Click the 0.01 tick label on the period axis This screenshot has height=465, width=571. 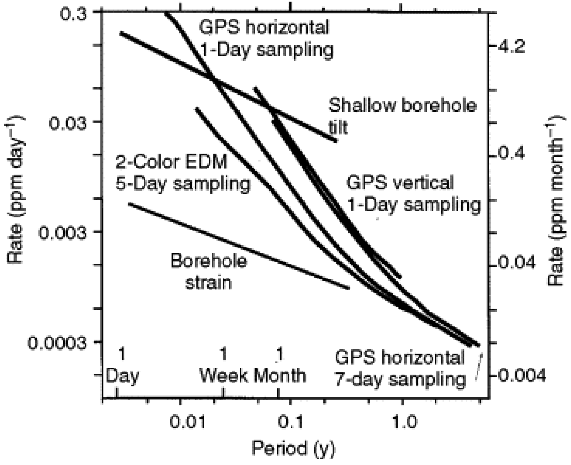coord(188,421)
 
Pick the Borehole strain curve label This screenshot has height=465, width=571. coord(209,272)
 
